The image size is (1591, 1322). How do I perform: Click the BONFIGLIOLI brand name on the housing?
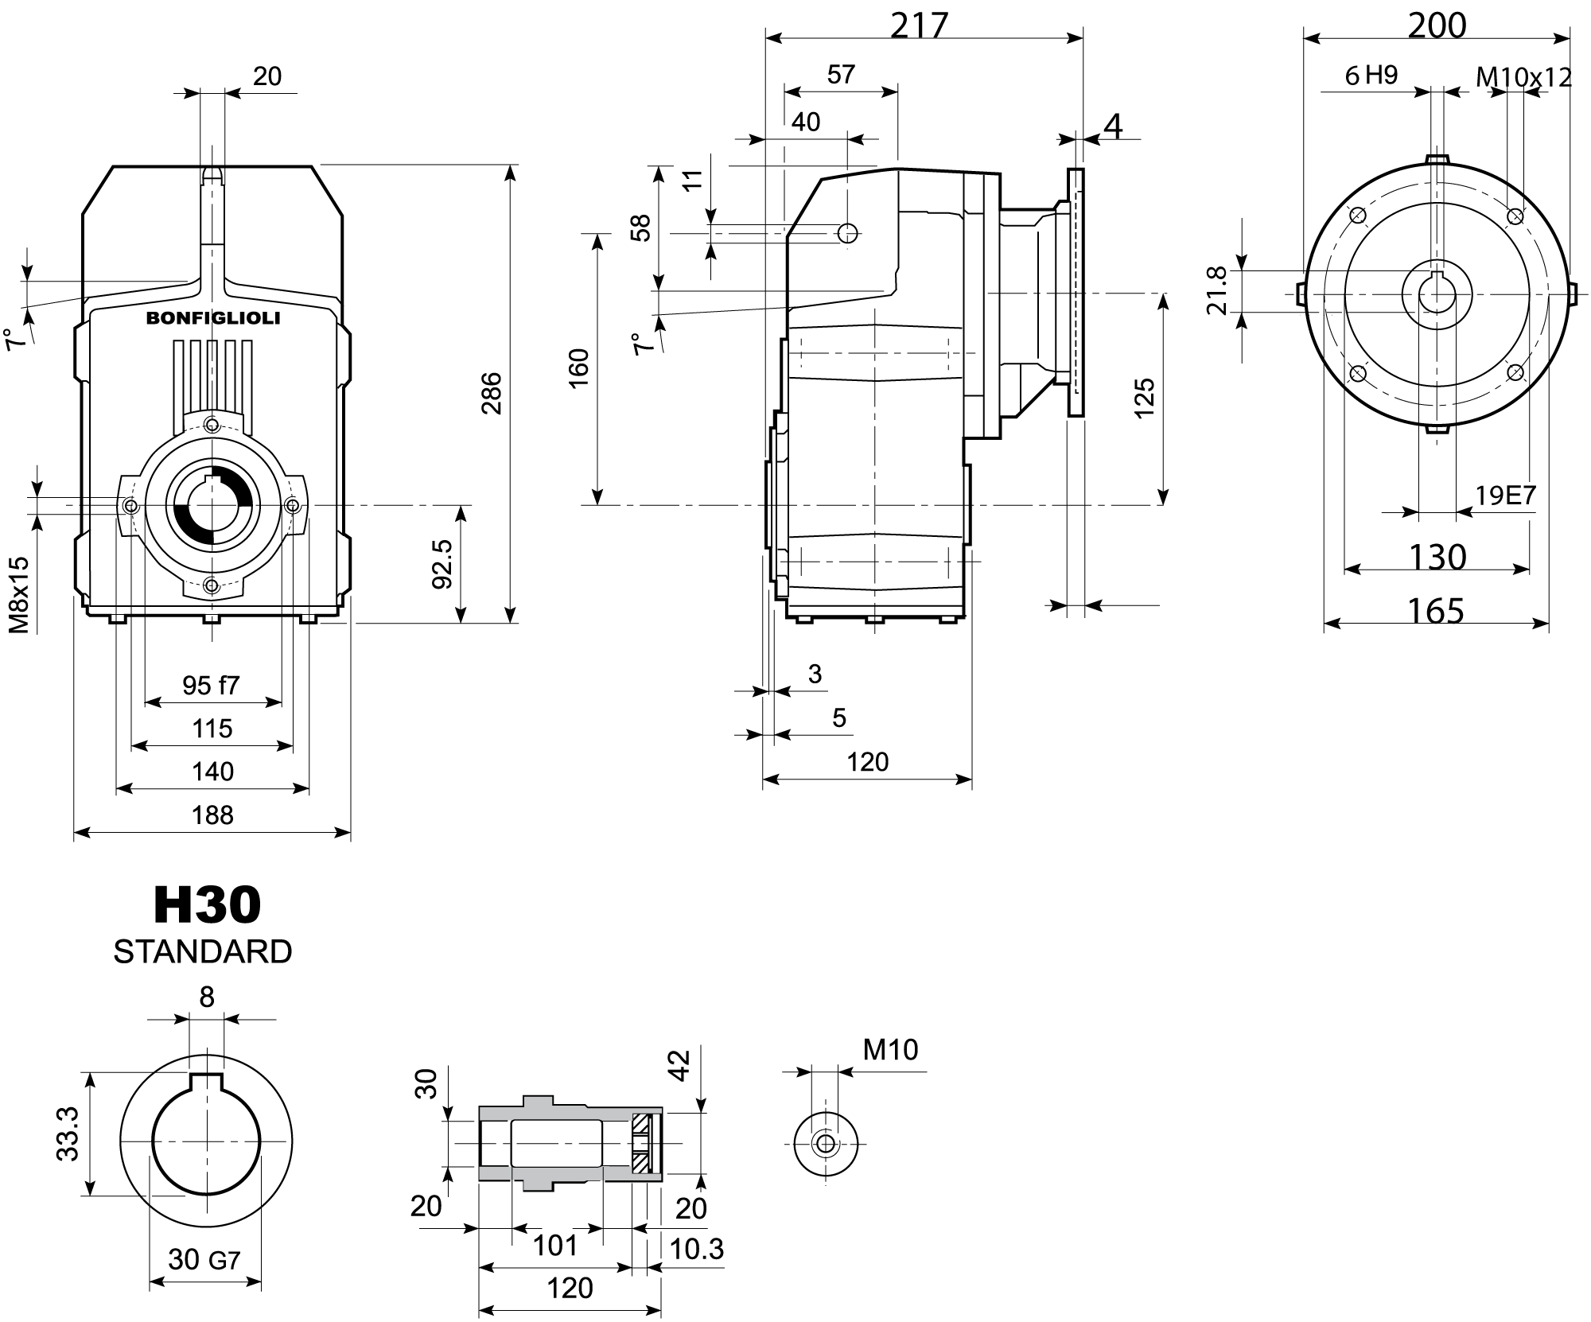pyautogui.click(x=212, y=318)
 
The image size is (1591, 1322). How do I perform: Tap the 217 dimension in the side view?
pyautogui.click(x=920, y=25)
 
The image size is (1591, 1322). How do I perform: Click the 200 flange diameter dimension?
pyautogui.click(x=1437, y=25)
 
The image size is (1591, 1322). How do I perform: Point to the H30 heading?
pyautogui.click(x=207, y=904)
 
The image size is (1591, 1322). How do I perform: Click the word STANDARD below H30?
pyautogui.click(x=203, y=951)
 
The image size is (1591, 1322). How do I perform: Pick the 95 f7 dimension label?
pyautogui.click(x=211, y=685)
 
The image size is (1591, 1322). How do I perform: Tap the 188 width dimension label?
pyautogui.click(x=212, y=815)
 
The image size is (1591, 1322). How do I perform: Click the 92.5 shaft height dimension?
pyautogui.click(x=442, y=564)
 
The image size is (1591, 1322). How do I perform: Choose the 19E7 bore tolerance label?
pyautogui.click(x=1505, y=496)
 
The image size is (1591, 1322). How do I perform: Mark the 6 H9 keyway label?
pyautogui.click(x=1371, y=76)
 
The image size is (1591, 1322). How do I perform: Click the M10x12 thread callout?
pyautogui.click(x=1523, y=77)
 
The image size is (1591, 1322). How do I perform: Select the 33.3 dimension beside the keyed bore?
pyautogui.click(x=68, y=1133)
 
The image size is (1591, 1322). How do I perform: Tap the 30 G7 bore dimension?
pyautogui.click(x=204, y=1259)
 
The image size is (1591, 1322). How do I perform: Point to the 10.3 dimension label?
pyautogui.click(x=696, y=1249)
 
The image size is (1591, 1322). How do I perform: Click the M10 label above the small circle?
pyautogui.click(x=890, y=1050)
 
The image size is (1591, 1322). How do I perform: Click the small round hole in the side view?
pyautogui.click(x=848, y=233)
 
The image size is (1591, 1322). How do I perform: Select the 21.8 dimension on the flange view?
pyautogui.click(x=1218, y=290)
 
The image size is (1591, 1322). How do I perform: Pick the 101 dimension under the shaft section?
pyautogui.click(x=554, y=1245)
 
